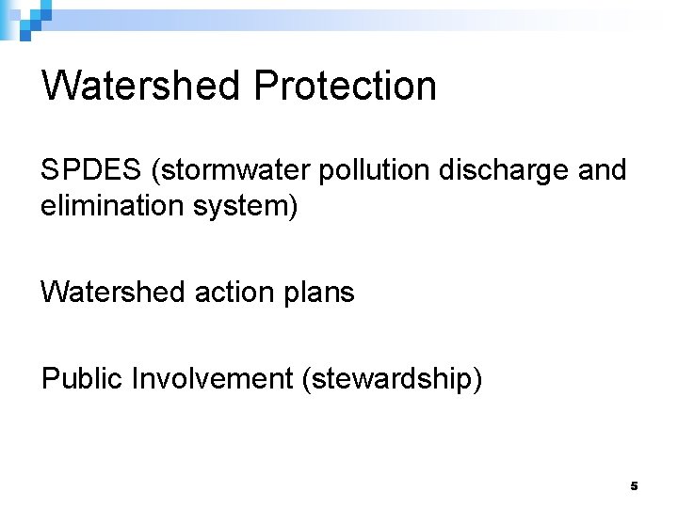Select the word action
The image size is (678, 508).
point(228,292)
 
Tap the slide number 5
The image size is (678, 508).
point(634,486)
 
